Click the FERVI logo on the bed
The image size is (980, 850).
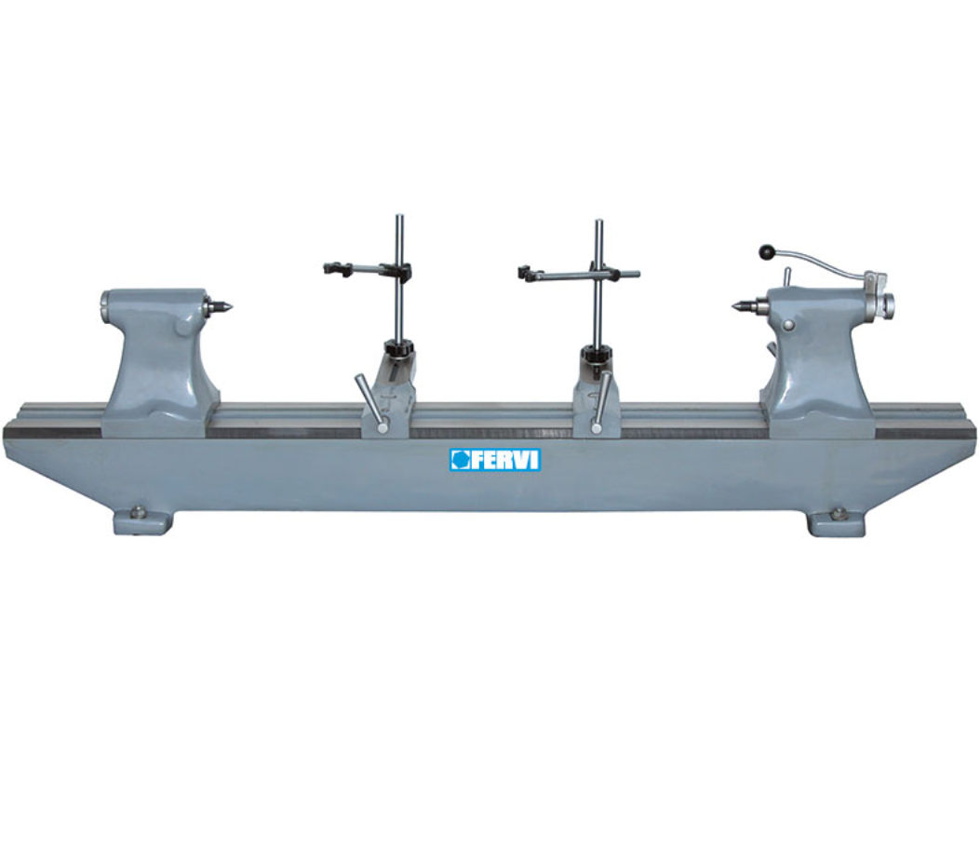coord(495,459)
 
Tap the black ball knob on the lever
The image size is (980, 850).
coord(766,251)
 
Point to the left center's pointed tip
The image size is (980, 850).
coord(232,307)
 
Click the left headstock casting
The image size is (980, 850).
coord(161,361)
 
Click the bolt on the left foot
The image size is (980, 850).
coord(138,512)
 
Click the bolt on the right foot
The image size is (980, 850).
coord(837,514)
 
